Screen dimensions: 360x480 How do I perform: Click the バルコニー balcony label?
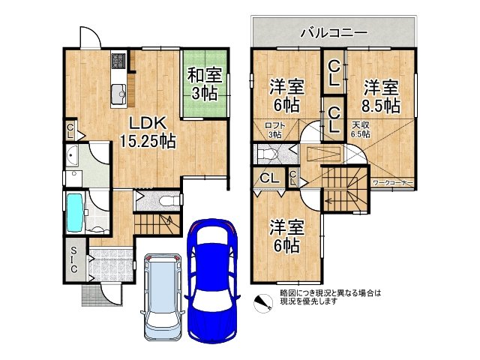333,33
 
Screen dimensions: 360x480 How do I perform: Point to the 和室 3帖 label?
203,83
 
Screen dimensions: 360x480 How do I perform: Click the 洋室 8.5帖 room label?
382,94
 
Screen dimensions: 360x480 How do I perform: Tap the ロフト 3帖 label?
273,130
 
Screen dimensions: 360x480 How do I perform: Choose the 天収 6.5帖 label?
361,130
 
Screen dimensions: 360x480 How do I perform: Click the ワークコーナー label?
393,182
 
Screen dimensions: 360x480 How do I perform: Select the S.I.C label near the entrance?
76,259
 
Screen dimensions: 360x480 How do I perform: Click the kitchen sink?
119,93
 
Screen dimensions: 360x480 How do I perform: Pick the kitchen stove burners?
119,60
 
